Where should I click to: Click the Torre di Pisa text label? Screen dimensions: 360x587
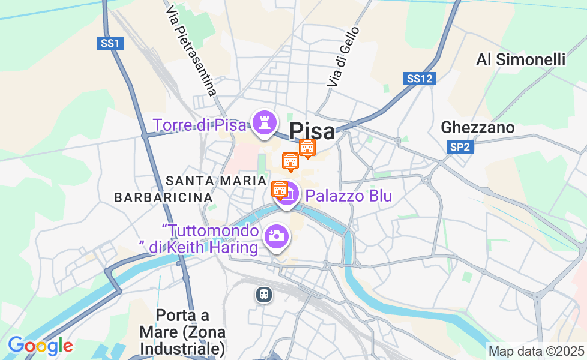pos(199,125)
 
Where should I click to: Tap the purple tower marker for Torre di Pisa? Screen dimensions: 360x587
pos(263,122)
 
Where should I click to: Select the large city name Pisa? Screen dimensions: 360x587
pos(312,131)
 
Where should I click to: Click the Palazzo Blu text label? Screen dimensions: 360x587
pos(348,196)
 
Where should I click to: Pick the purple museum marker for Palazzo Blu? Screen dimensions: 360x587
pos(288,195)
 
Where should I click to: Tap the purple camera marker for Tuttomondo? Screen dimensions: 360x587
pos(277,236)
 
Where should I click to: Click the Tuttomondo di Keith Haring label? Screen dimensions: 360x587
pos(210,239)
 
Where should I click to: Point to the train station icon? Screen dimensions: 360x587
pos(263,294)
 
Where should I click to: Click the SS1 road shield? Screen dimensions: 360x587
pos(110,43)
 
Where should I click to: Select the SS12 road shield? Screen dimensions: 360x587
pos(420,79)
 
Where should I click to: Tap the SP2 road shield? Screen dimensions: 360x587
pos(459,146)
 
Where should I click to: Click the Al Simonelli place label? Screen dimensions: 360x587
pos(520,59)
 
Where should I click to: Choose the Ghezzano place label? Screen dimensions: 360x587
pos(478,127)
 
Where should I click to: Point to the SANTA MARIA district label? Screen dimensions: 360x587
pos(216,181)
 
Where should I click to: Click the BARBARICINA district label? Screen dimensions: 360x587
pos(163,197)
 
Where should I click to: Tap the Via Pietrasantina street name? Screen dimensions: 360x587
pos(191,51)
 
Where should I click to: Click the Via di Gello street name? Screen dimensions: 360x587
pos(343,56)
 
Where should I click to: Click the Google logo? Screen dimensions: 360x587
pos(40,346)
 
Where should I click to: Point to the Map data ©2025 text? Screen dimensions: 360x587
pos(536,351)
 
